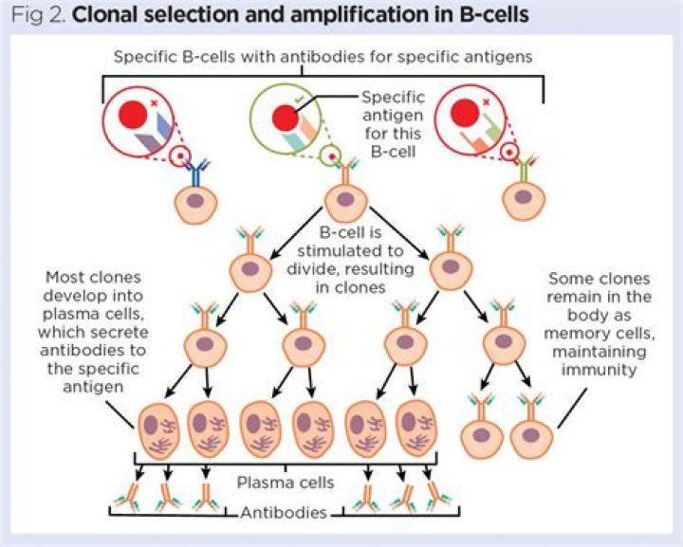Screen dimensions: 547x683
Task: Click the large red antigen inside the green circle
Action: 285,118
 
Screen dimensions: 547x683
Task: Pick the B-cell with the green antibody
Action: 521,202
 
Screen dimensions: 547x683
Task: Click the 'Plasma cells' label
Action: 298,483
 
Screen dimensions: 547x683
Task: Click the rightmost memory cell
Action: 531,438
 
